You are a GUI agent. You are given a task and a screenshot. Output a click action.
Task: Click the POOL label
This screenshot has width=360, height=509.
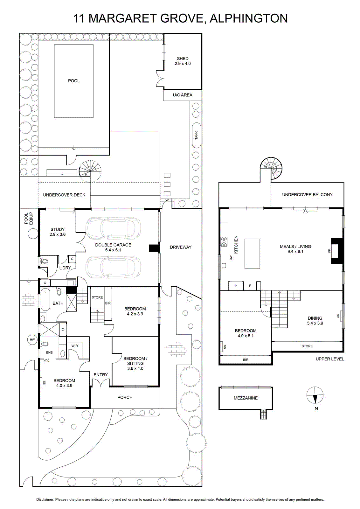click(74, 81)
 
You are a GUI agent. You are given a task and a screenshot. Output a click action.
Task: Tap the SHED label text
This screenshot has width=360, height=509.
click(183, 59)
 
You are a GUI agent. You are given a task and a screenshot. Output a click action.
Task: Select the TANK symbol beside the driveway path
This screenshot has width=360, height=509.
click(197, 136)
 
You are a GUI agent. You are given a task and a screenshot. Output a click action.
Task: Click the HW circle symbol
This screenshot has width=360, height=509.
click(32, 340)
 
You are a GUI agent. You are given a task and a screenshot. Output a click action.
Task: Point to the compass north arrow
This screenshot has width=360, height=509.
click(315, 398)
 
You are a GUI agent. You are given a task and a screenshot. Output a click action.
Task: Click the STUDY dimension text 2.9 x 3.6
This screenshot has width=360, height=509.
click(58, 234)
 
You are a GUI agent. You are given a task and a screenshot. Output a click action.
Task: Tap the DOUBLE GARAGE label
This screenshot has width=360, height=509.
click(113, 245)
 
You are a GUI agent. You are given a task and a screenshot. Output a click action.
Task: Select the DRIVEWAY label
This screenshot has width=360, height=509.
click(181, 247)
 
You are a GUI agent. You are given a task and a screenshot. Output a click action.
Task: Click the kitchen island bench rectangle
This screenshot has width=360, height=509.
click(252, 254)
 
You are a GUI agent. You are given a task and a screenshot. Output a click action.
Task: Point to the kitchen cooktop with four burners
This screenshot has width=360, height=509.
click(224, 241)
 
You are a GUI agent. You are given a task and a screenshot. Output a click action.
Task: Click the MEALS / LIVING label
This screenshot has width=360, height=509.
click(295, 246)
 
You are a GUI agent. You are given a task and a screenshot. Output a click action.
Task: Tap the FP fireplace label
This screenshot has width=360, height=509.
click(329, 251)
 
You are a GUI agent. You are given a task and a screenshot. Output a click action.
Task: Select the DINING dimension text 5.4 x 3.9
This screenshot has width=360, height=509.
click(315, 323)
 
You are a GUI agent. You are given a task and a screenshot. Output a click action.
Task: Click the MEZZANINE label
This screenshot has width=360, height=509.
click(246, 398)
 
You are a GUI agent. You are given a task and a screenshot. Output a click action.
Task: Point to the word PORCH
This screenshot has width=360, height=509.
click(125, 397)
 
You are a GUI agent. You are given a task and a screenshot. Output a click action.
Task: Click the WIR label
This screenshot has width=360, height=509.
click(74, 346)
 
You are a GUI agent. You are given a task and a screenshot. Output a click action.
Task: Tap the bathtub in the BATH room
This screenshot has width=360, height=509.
click(45, 299)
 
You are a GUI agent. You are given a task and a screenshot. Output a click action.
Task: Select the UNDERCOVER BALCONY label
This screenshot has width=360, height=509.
click(307, 194)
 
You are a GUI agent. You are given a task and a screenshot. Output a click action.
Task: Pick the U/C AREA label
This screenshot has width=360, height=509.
click(183, 95)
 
